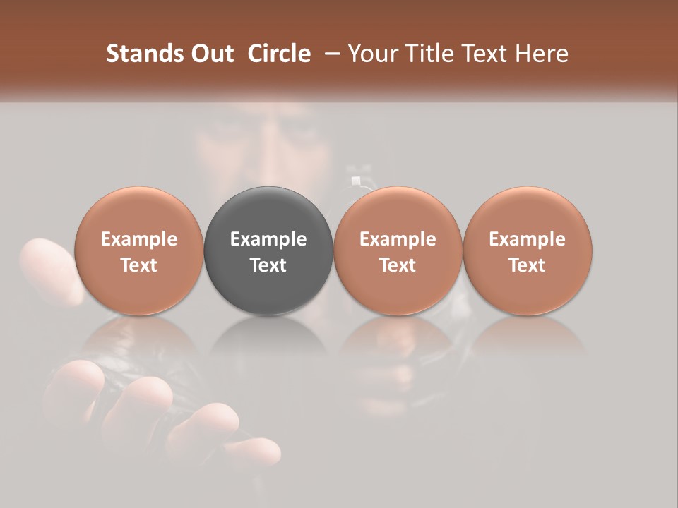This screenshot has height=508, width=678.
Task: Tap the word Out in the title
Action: pyautogui.click(x=211, y=54)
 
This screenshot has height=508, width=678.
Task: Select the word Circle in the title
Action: pyautogui.click(x=279, y=54)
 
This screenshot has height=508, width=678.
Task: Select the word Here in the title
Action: pyautogui.click(x=542, y=54)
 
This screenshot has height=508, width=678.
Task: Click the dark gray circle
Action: pyautogui.click(x=268, y=251)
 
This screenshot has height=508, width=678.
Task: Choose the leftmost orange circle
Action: pyautogui.click(x=138, y=251)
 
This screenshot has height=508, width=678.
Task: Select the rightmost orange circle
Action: pyautogui.click(x=527, y=251)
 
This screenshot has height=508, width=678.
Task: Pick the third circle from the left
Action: pyautogui.click(x=398, y=251)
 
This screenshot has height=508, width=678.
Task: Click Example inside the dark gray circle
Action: pyautogui.click(x=268, y=239)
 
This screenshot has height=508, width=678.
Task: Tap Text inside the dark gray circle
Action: pyautogui.click(x=268, y=265)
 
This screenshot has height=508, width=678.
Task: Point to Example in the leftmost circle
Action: pyautogui.click(x=138, y=239)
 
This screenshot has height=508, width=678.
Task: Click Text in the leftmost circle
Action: pyautogui.click(x=138, y=265)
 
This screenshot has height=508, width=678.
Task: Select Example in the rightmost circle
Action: pyautogui.click(x=527, y=239)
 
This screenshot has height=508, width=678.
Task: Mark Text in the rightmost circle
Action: pyautogui.click(x=527, y=265)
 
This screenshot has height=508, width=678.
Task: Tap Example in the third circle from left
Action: pyautogui.click(x=398, y=239)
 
